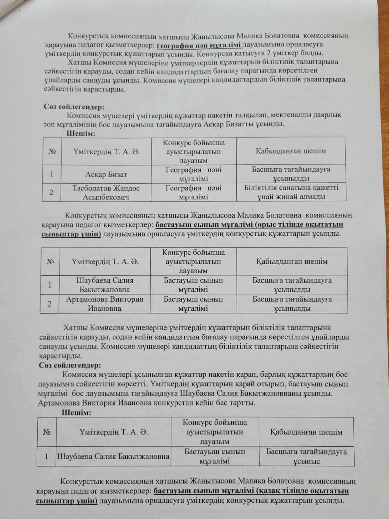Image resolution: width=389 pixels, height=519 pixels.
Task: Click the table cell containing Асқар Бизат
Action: click(101, 175)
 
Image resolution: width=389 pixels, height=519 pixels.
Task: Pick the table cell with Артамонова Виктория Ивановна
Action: click(104, 304)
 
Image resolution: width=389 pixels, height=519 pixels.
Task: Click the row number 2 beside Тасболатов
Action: click(51, 192)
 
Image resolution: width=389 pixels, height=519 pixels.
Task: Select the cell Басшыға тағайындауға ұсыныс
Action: click(306, 456)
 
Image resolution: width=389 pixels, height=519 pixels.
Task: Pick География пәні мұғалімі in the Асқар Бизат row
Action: click(194, 174)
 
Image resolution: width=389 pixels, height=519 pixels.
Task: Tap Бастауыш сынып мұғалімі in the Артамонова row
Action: click(193, 304)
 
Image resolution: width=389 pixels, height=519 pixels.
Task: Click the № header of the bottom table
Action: click(46, 432)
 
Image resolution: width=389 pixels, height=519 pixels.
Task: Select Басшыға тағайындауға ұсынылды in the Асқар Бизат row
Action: click(291, 174)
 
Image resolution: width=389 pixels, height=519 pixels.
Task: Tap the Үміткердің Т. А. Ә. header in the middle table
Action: click(105, 262)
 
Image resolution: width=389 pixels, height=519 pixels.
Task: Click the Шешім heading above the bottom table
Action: click(76, 413)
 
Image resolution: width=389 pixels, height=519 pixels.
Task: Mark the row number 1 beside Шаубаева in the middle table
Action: click(50, 285)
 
